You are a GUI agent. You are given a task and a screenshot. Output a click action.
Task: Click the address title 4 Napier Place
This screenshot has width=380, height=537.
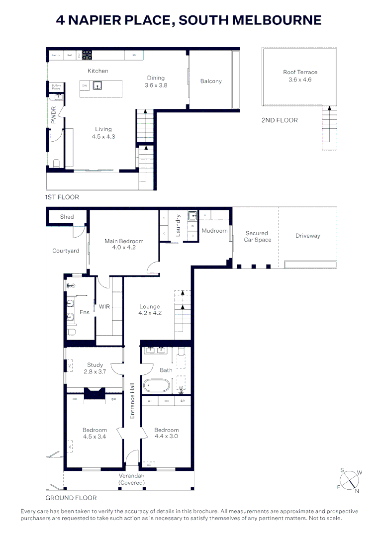point(189,20)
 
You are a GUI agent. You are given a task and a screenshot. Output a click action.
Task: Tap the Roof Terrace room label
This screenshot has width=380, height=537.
point(300,76)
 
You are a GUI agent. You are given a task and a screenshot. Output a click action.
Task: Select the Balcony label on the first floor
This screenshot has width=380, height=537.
point(211,81)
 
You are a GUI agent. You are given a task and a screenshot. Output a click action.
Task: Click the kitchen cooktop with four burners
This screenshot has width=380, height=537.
point(88,55)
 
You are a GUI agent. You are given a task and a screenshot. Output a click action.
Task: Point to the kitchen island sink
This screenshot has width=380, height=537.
point(99,85)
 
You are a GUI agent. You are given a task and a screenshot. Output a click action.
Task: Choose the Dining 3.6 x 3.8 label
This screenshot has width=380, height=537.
point(156,81)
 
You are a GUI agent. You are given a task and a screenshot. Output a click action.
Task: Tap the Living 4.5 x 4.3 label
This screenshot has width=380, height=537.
point(103,133)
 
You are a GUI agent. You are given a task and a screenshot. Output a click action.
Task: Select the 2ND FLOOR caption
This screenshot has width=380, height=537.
point(280,120)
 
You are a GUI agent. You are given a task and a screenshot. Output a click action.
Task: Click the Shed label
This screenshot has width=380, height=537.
point(67,217)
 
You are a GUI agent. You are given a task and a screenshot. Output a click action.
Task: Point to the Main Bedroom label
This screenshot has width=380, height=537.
point(120,244)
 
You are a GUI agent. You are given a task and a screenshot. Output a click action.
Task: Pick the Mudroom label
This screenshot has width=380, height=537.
point(214,231)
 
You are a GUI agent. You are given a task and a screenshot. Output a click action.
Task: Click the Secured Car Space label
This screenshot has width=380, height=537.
point(257,236)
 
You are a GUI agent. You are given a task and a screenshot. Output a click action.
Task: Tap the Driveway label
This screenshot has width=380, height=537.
point(307,236)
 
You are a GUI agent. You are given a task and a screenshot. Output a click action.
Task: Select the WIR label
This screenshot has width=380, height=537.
point(104,307)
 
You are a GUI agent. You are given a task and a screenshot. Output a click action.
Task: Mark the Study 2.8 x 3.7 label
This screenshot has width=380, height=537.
point(95,368)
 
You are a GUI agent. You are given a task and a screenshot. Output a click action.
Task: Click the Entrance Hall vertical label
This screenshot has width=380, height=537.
point(132,400)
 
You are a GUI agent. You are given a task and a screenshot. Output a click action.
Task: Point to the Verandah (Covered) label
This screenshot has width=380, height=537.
point(131,479)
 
